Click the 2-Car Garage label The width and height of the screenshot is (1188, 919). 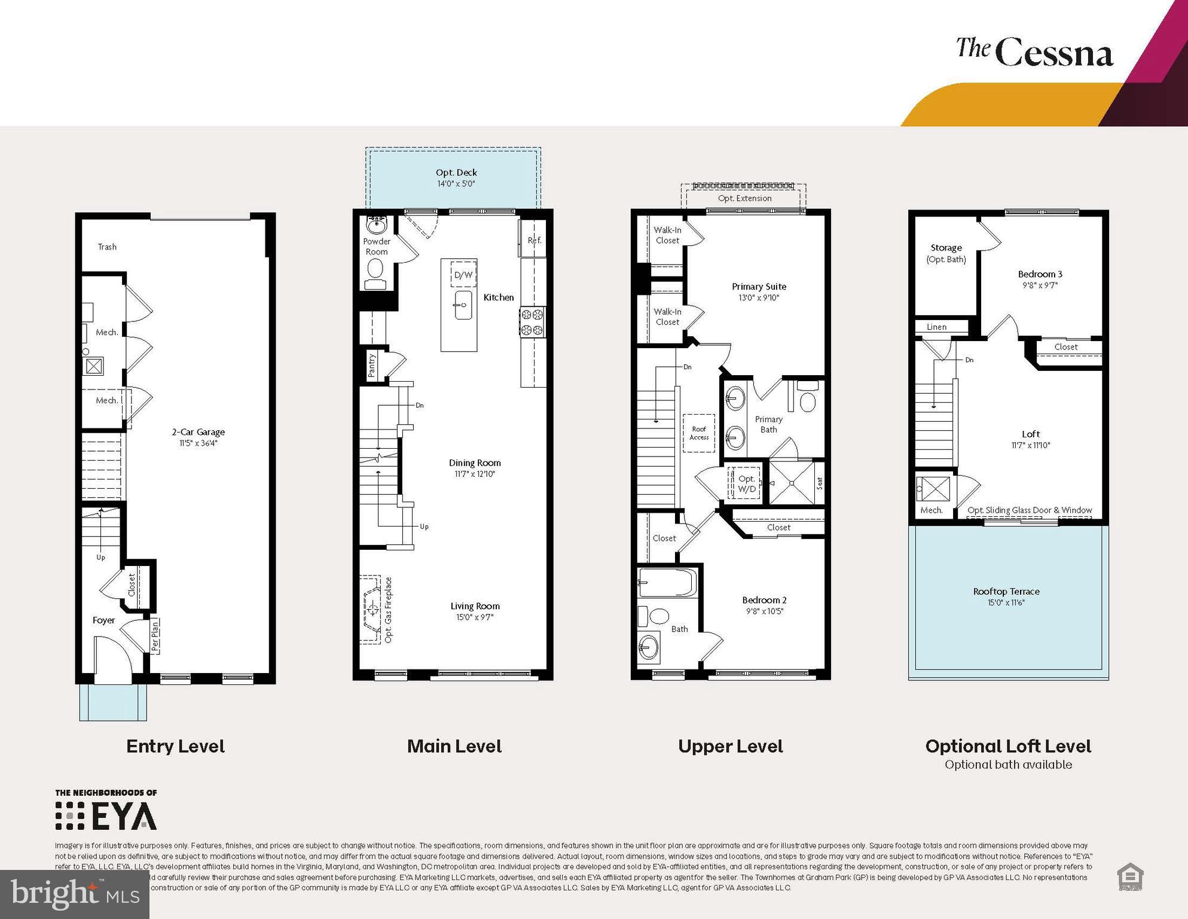tap(198, 432)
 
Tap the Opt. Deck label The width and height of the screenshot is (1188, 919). tap(456, 172)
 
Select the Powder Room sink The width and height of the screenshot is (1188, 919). tap(376, 226)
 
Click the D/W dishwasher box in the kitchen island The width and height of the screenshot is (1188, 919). tap(463, 275)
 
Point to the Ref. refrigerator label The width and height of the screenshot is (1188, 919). tap(534, 240)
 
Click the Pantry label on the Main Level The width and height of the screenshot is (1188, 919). tap(372, 364)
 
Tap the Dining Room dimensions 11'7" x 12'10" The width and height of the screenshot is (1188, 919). tap(475, 474)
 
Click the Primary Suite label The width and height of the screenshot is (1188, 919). tap(759, 287)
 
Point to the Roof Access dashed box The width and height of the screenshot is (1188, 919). tap(699, 433)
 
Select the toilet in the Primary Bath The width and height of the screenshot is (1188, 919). tap(807, 400)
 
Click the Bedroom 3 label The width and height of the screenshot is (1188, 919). tap(1040, 274)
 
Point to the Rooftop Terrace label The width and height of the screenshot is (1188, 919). tap(1006, 591)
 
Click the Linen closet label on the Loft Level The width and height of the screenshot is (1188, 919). tap(936, 327)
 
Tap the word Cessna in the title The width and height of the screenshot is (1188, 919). tap(1054, 54)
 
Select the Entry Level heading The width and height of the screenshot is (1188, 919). tap(175, 746)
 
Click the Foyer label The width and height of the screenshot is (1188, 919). tap(103, 620)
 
